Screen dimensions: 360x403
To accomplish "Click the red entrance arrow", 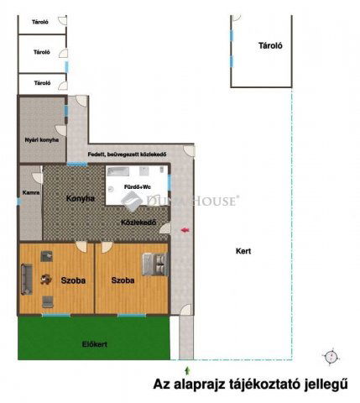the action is [185, 230].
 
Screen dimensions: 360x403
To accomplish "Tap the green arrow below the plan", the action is [187, 371].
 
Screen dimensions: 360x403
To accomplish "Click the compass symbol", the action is [332, 357].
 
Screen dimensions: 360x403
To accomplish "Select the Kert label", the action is [243, 251].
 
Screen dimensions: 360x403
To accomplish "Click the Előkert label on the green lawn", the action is [95, 344].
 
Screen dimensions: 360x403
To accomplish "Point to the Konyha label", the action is [81, 198].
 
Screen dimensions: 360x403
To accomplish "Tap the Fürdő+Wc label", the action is [138, 187].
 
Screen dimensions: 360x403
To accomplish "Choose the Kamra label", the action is [31, 192].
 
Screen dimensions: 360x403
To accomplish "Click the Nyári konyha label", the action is [42, 140].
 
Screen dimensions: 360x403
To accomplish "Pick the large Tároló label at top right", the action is [270, 45].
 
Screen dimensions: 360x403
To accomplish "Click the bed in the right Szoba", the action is [155, 264].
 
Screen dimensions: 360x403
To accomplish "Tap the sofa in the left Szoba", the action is [27, 280].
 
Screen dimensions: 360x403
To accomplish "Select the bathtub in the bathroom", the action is [118, 171].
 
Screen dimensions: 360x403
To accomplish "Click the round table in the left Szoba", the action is [46, 280].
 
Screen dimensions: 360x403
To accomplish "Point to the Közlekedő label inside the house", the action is [138, 222].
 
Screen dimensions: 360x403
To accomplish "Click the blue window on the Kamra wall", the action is [19, 201].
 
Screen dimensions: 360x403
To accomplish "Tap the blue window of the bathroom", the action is [170, 182].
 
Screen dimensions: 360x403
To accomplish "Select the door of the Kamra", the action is [38, 177].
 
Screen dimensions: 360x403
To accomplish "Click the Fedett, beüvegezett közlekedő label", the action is [128, 154].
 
